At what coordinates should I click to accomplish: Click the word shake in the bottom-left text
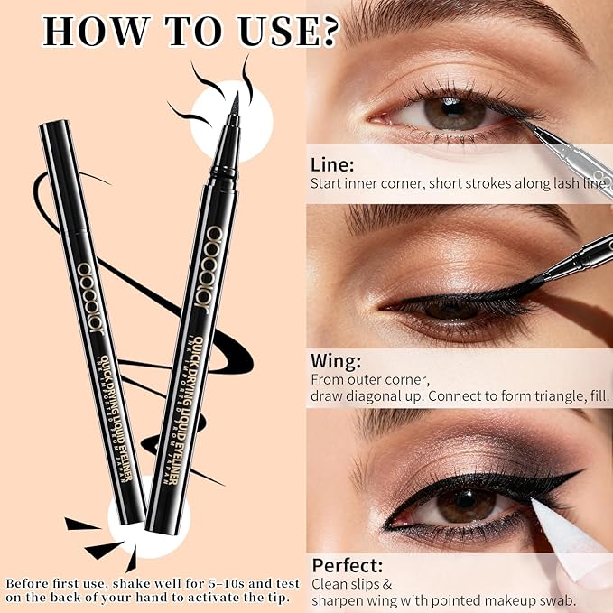coord(112,582)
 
